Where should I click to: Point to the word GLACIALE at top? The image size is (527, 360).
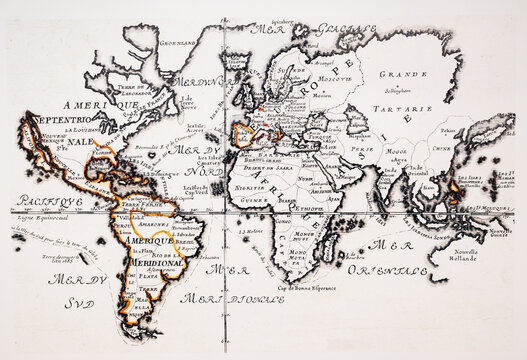tap(346, 30)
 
